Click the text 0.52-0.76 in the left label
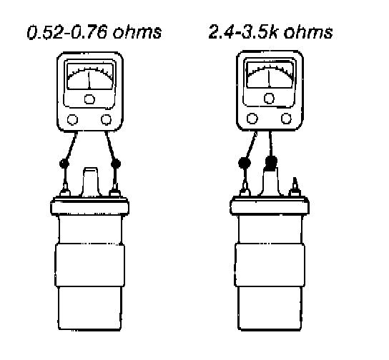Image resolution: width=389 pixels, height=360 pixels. [67, 32]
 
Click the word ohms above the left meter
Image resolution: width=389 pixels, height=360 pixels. [137, 32]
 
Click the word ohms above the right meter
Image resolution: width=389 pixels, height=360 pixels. [308, 32]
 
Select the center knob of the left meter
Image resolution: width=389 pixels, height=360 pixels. [89, 99]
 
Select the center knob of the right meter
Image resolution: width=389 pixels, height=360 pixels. [269, 98]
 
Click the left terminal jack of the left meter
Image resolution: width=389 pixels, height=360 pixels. [72, 120]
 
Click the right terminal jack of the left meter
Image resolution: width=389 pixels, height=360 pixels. [106, 119]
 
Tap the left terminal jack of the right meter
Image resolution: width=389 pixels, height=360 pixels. [252, 119]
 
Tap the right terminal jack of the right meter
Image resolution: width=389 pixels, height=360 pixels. [286, 118]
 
